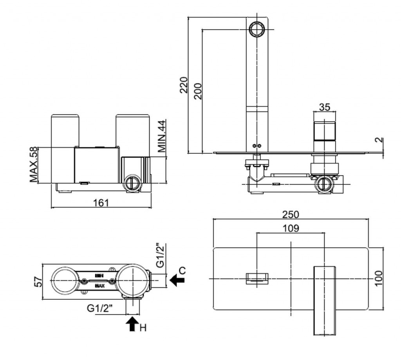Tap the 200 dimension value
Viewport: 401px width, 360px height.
198,91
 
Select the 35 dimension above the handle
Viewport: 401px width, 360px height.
325,107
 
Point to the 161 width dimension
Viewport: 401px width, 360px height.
101,202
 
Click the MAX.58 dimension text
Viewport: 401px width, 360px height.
34,165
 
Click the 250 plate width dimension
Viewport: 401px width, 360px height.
291,214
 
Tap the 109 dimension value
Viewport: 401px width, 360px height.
291,228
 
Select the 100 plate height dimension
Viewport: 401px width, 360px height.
378,278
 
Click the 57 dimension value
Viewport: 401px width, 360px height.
38,281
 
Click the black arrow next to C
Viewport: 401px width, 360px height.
177,279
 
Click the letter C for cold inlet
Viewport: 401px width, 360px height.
182,270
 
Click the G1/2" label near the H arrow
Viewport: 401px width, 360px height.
100,308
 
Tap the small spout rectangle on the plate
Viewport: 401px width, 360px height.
256,278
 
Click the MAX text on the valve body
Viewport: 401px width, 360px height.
100,286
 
